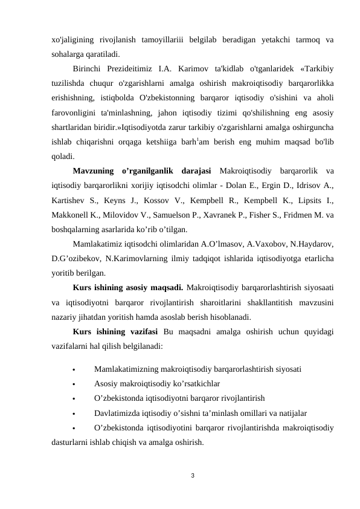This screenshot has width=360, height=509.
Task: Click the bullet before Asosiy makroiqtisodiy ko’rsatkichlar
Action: tap(73, 384)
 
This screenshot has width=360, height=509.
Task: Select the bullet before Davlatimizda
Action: tap(73, 413)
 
